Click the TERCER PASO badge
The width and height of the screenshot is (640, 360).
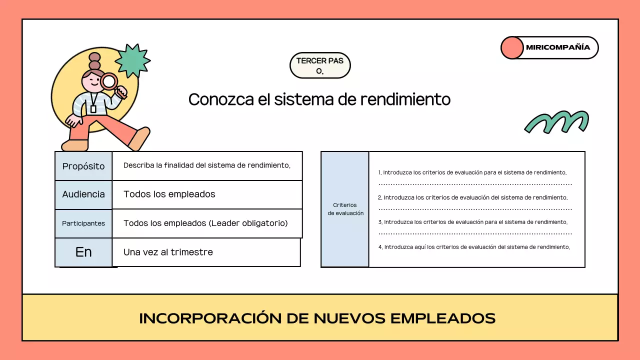320,65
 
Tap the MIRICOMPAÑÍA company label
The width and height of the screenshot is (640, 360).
557,47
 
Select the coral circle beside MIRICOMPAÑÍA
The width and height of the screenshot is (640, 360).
511,48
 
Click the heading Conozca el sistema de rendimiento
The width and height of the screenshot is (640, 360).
319,99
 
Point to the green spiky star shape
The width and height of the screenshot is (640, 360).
132,61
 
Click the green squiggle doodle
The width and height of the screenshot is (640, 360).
556,122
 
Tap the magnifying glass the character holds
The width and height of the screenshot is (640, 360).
109,81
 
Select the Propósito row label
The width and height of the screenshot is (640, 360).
83,166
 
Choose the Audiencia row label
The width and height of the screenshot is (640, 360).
83,194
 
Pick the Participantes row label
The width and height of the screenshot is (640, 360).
83,223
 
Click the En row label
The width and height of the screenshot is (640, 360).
83,252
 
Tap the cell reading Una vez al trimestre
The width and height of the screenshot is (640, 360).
168,252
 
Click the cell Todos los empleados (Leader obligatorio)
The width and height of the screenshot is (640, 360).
205,223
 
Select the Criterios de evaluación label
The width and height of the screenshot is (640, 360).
345,209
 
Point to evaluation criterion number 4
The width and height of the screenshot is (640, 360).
474,247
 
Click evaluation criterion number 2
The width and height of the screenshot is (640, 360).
473,197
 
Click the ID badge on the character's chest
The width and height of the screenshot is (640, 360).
93,108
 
